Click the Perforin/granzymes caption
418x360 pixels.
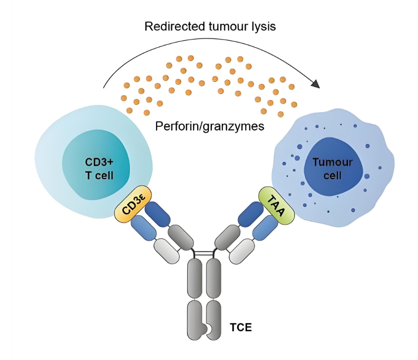tap(209, 126)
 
